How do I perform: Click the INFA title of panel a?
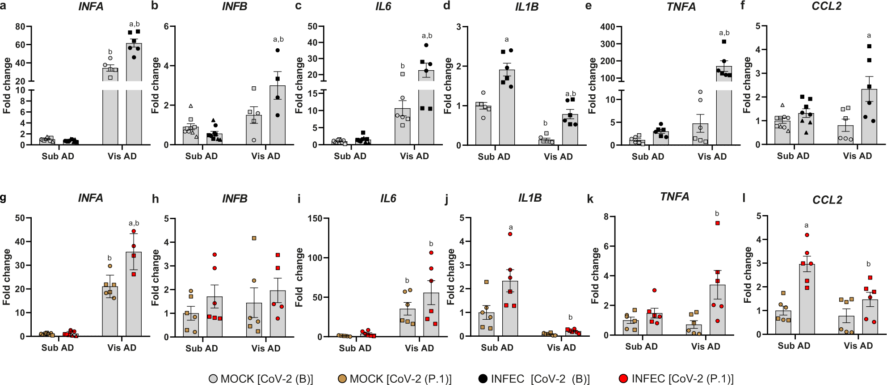[91, 7]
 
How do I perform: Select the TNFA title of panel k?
[674, 197]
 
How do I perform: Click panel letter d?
[446, 6]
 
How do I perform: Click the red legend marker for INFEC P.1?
[623, 379]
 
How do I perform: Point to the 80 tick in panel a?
[20, 26]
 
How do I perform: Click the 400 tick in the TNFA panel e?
[608, 26]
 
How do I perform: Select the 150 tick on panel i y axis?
[315, 218]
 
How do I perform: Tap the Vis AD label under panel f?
[857, 156]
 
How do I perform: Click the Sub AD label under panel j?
[497, 347]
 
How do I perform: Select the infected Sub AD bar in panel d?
[507, 107]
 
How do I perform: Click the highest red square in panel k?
[718, 223]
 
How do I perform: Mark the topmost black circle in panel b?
[277, 51]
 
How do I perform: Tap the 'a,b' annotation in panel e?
[724, 33]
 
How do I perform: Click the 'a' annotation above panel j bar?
[510, 227]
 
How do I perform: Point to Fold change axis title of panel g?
[6, 277]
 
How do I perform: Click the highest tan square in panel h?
[254, 238]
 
